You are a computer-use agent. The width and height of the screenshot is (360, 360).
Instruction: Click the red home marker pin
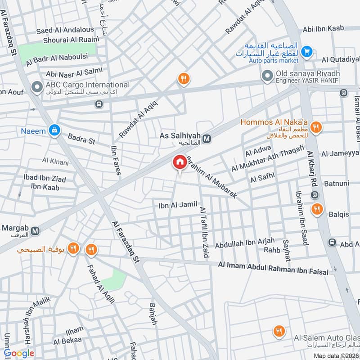pyautogui.click(x=180, y=162)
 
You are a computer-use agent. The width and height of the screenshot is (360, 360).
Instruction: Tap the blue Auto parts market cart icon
pyautogui.click(x=307, y=52)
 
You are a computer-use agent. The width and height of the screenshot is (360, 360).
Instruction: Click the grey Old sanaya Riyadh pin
pyautogui.click(x=268, y=75)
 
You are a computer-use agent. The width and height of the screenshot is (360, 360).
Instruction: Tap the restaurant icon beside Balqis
pyautogui.click(x=318, y=209)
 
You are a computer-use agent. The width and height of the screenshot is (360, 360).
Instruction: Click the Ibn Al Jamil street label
pyautogui.click(x=178, y=205)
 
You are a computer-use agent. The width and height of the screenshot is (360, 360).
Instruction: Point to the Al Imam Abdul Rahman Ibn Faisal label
pyautogui.click(x=273, y=268)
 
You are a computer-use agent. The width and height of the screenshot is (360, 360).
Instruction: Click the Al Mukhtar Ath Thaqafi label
pyautogui.click(x=268, y=158)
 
